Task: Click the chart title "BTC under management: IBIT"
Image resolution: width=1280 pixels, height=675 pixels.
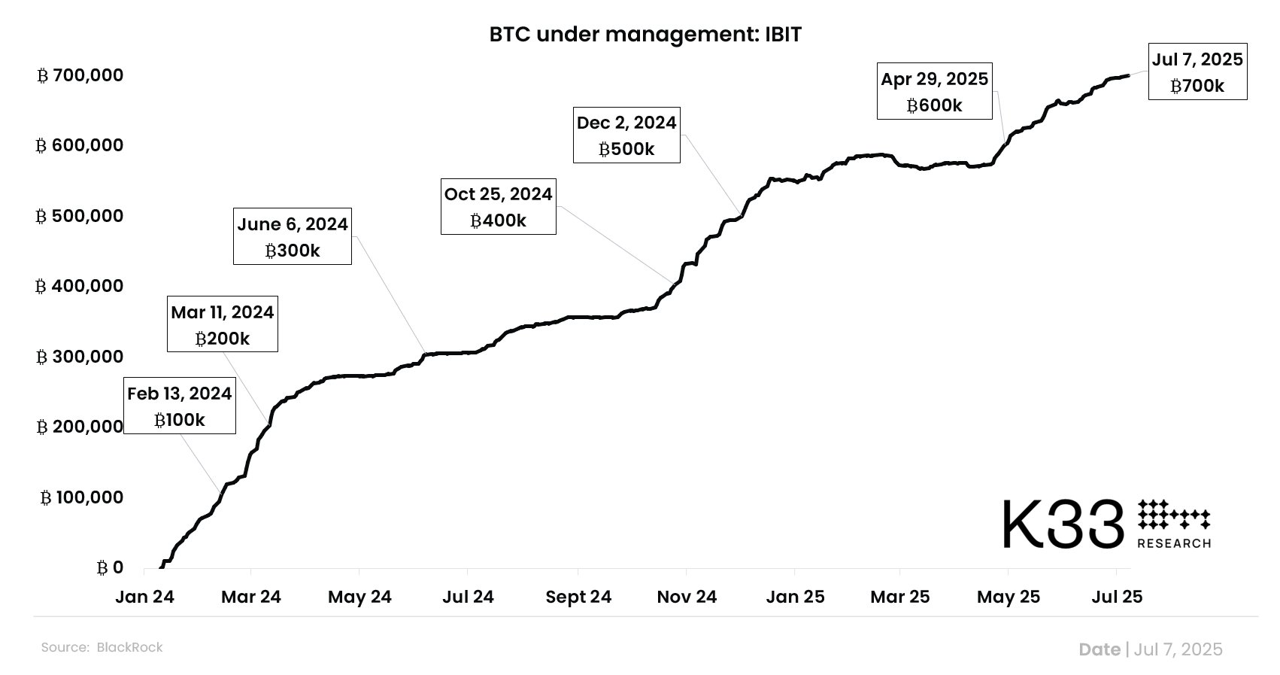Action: click(x=645, y=35)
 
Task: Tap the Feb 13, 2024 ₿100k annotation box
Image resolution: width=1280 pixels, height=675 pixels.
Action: click(x=180, y=406)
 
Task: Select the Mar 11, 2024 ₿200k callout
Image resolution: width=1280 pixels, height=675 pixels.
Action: click(x=223, y=324)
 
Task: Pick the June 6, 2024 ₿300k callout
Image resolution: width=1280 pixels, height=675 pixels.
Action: click(x=293, y=237)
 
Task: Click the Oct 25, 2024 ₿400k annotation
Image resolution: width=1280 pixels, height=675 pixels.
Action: click(x=498, y=207)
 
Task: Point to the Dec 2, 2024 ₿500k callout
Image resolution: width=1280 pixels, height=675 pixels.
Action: click(x=626, y=135)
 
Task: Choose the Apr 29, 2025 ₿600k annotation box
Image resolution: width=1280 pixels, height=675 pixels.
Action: click(x=934, y=92)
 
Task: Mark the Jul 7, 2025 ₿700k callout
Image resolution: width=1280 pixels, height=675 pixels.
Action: click(x=1197, y=72)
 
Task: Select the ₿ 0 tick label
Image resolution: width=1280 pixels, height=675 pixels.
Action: click(x=110, y=567)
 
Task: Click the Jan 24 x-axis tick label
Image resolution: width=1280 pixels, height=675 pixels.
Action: click(x=144, y=597)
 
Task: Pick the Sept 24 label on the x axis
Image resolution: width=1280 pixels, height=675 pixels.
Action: click(x=578, y=597)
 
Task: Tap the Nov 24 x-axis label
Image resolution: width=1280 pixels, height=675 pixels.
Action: click(x=687, y=597)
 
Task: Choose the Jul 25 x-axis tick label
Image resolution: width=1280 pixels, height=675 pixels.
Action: click(x=1117, y=597)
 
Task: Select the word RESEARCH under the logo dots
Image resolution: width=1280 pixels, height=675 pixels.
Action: click(x=1174, y=543)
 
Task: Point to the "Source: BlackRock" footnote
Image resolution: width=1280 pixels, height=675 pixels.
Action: click(x=102, y=647)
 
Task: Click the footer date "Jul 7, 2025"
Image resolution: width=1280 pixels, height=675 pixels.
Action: click(x=1178, y=649)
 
